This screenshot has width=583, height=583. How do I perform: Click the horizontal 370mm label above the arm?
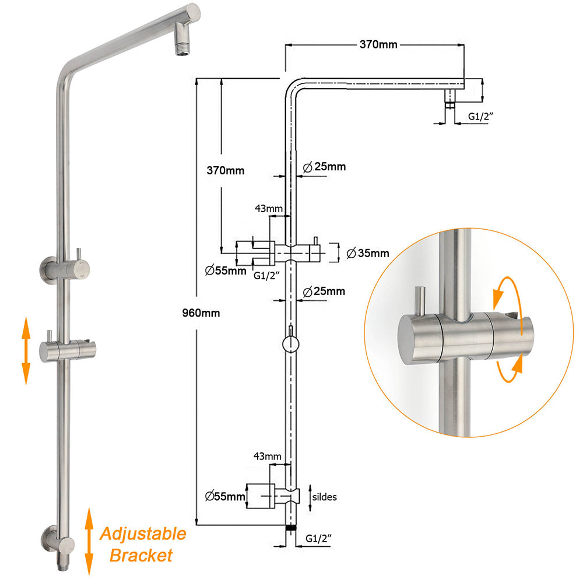pyautogui.click(x=378, y=44)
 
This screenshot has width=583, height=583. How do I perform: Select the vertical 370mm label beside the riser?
pyautogui.click(x=226, y=171)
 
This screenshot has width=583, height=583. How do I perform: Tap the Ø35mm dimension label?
pyautogui.click(x=367, y=253)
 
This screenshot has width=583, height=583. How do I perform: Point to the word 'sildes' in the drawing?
pyautogui.click(x=324, y=497)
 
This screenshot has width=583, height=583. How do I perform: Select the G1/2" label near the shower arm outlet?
pyautogui.click(x=481, y=117)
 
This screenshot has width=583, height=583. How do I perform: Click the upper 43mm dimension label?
pyautogui.click(x=268, y=208)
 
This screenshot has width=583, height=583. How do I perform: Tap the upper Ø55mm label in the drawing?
pyautogui.click(x=226, y=270)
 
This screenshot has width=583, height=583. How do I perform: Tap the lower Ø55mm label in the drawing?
pyautogui.click(x=224, y=497)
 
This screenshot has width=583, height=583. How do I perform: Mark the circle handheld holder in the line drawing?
pyautogui.click(x=290, y=345)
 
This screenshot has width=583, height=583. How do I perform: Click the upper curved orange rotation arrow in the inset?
pyautogui.click(x=503, y=291)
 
